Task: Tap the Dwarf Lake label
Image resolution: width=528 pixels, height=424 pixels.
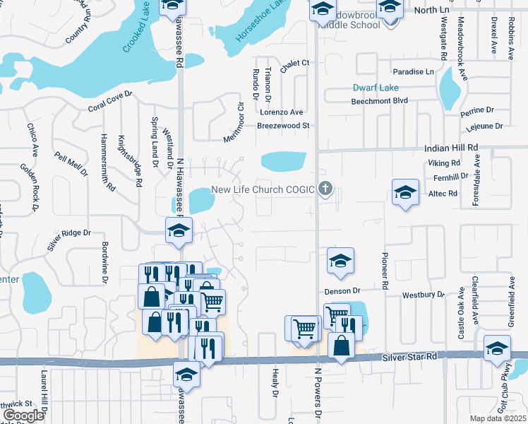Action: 376,88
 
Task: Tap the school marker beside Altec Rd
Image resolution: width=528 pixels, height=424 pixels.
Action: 405,192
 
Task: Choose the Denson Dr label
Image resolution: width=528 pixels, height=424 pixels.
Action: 342,290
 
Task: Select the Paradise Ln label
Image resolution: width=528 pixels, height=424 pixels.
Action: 414,72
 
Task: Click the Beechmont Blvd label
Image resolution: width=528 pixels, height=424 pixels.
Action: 380,101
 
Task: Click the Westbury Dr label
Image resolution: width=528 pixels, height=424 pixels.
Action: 424,294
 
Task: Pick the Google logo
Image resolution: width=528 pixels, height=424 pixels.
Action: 23,416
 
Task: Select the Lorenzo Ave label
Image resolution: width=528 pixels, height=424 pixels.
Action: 281,112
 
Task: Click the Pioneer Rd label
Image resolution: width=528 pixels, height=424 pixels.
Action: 385,273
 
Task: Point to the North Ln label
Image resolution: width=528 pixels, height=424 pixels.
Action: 432,10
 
